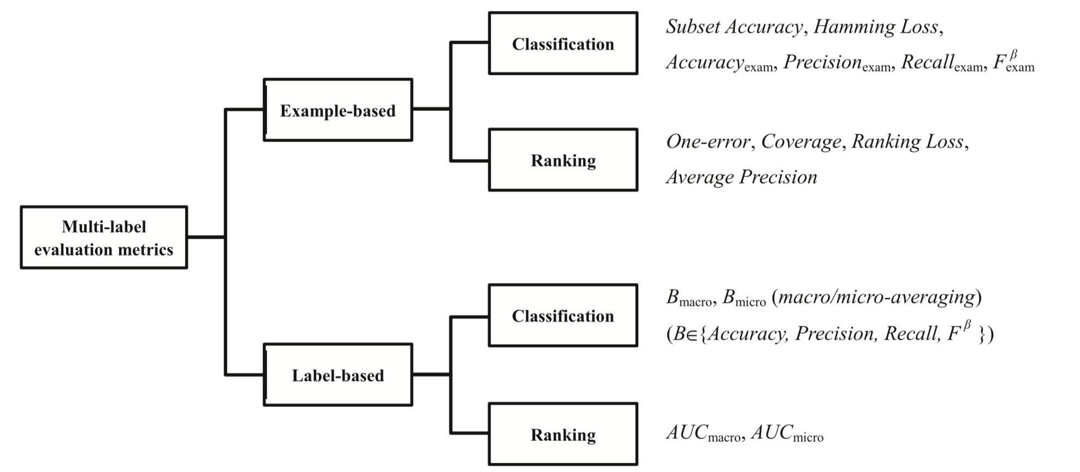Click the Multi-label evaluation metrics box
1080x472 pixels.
click(104, 237)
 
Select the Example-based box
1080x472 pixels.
click(337, 110)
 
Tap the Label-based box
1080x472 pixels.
click(337, 375)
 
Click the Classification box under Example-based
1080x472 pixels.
click(563, 44)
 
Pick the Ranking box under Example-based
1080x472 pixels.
click(563, 160)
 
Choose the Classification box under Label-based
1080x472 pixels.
click(563, 316)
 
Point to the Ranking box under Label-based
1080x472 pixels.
click(563, 434)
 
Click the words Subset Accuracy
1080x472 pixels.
click(734, 27)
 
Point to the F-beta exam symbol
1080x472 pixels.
click(1013, 62)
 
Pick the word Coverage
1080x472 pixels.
click(801, 142)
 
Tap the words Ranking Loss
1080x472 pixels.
click(907, 142)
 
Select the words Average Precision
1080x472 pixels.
click(741, 177)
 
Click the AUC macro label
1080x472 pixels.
click(703, 434)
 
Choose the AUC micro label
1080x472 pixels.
click(787, 434)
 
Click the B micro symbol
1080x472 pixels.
click(744, 298)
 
